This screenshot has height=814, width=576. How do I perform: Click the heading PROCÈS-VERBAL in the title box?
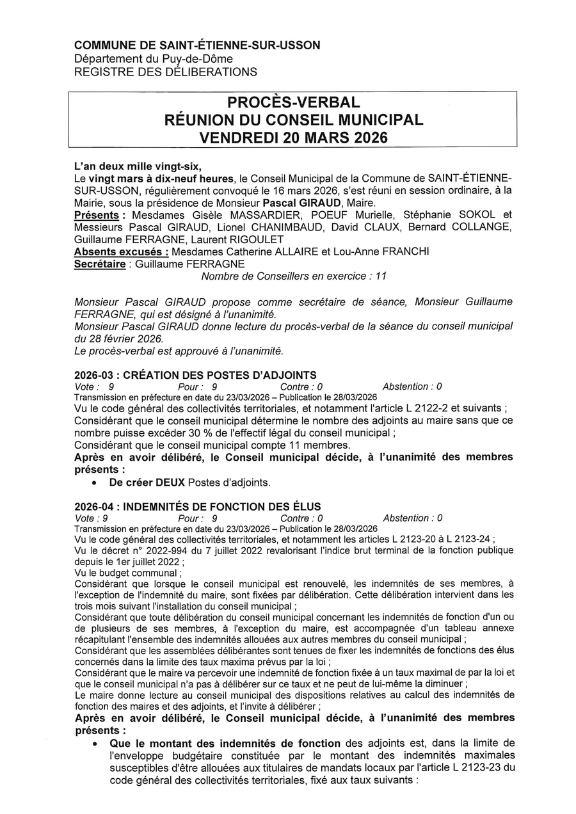[293, 102]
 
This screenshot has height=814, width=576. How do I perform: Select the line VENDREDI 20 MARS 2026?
[293, 138]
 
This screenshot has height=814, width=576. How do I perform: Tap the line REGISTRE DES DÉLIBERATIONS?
[166, 72]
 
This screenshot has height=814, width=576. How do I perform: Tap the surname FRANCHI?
[404, 251]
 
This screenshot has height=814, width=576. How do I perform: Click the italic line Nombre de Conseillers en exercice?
[294, 276]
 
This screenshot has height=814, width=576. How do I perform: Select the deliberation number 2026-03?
[94, 375]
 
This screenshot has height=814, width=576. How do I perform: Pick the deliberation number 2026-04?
[94, 506]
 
